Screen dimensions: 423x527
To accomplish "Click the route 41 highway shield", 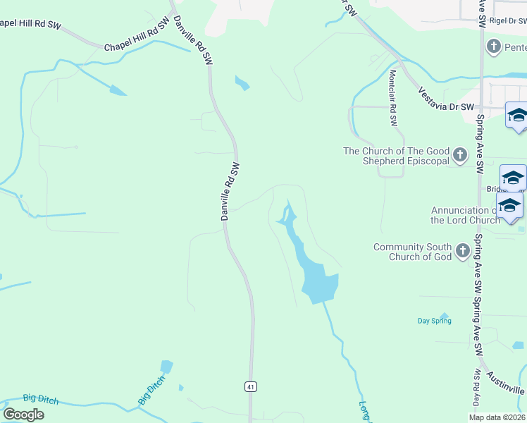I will click(x=250, y=386).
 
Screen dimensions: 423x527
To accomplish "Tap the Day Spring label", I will click(x=434, y=321).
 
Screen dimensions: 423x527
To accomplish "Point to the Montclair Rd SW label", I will click(x=393, y=98).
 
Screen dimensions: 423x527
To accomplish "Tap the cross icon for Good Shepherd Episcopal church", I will click(x=460, y=154).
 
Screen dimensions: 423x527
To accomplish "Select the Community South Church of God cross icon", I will click(x=462, y=250).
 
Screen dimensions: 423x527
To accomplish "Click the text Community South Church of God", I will click(x=413, y=252).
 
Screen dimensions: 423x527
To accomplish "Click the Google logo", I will click(x=23, y=414).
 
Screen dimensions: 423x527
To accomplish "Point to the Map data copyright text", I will click(x=497, y=417).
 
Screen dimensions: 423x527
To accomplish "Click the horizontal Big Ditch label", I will click(x=41, y=399).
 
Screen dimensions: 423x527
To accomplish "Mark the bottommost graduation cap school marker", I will click(x=509, y=205).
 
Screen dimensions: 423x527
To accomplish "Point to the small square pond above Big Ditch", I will click(x=166, y=367).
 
